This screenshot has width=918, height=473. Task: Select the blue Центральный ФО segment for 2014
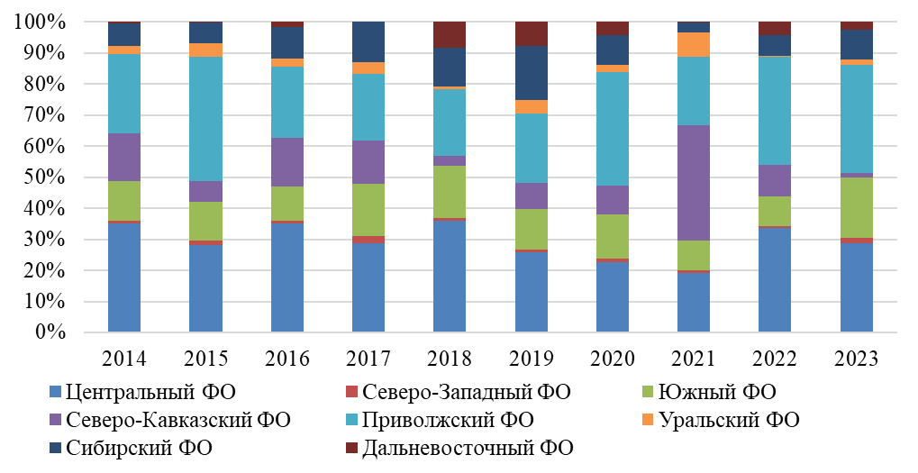point(123,277)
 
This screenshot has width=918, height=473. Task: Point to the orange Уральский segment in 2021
point(695,44)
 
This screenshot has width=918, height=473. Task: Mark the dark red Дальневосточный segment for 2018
point(450,34)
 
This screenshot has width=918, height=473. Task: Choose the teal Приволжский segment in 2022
point(776,110)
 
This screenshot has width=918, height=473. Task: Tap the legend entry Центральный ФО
point(149,392)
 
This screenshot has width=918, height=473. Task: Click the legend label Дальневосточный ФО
point(467,448)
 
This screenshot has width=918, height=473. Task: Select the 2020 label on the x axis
point(613,359)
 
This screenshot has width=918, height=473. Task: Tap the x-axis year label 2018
point(450,359)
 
